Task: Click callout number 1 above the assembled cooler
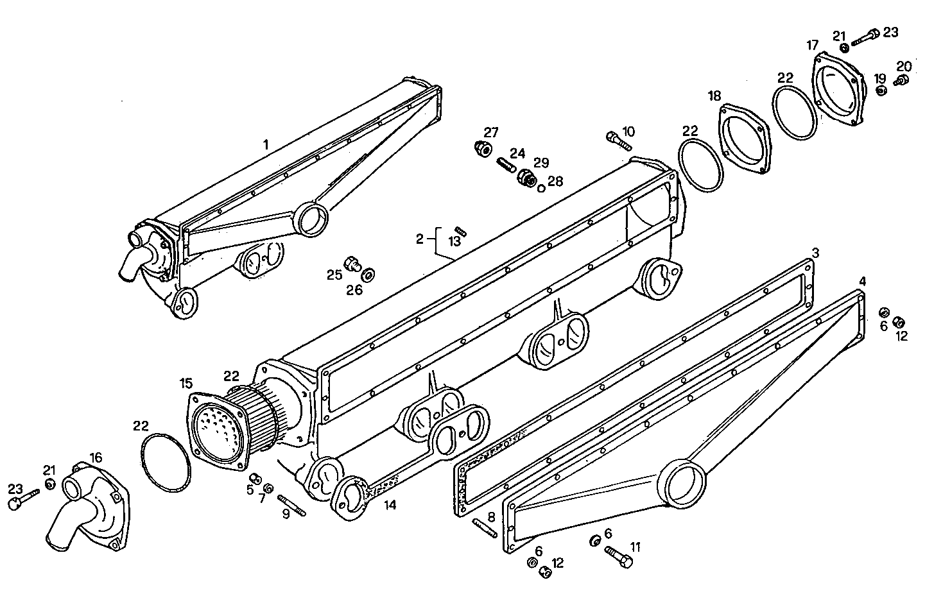pos(266,144)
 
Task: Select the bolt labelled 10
pos(618,139)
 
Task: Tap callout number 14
pos(390,505)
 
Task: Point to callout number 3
pos(815,253)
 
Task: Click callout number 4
pos(863,281)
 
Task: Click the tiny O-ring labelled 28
pos(541,188)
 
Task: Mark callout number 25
pos(334,275)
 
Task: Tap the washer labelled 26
pos(368,275)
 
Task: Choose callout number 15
pos(186,384)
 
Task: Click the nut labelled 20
pos(902,81)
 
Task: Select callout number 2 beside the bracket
pos(419,239)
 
